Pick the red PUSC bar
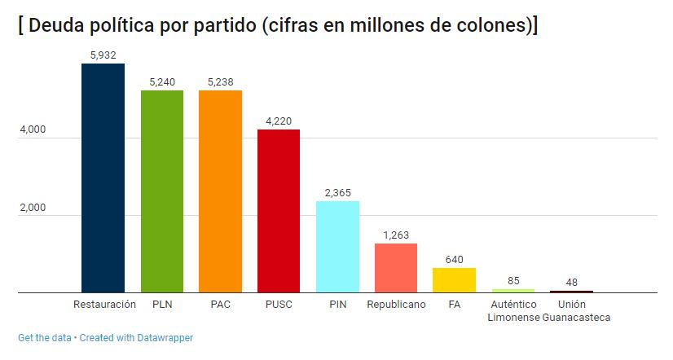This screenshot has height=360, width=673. point(279,211)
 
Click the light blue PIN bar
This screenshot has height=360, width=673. point(337,247)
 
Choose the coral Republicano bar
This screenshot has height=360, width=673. point(396,268)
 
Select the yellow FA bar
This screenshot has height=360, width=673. point(454,280)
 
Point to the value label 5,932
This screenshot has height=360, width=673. point(103,55)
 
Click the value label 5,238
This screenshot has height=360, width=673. point(220,81)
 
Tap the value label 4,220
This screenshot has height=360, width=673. point(279,121)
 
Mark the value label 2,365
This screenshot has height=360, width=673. point(337,192)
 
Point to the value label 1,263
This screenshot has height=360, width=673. point(396,235)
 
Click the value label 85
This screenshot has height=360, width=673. point(513,281)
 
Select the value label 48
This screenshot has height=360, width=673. point(571,283)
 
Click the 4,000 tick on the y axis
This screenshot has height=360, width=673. point(33,130)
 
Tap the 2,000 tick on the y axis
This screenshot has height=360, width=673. point(33,209)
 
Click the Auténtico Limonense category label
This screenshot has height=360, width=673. point(513,310)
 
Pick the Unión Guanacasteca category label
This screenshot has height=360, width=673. point(571,310)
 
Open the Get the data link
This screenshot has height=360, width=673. point(45,337)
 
